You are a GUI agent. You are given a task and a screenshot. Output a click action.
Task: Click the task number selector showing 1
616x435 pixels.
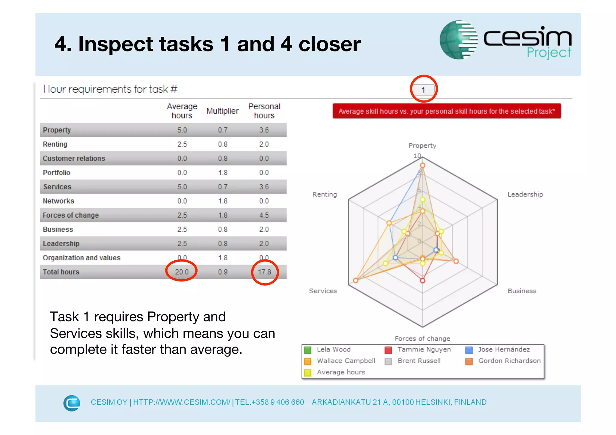[x=423, y=90]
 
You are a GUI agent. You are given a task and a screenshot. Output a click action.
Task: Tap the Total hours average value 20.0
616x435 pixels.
[x=182, y=272]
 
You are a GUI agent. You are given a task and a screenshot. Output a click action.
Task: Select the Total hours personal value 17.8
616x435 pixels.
[x=264, y=272]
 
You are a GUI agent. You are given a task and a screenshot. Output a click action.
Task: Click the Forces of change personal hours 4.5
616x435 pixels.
[x=264, y=215]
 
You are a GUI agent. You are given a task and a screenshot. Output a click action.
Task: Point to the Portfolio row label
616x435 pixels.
[x=57, y=173]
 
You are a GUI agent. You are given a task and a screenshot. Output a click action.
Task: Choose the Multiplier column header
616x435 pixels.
[x=222, y=111]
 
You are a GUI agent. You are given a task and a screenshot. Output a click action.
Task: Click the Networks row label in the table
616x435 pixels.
[x=58, y=201]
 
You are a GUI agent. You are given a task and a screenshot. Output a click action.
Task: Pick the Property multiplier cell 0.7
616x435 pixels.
[x=223, y=130]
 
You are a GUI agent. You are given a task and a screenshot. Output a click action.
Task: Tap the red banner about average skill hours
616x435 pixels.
[x=447, y=111]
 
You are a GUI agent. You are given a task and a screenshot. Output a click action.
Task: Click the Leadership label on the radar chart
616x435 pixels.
[x=525, y=195]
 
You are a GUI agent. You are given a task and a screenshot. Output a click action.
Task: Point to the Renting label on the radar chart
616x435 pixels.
[x=325, y=195]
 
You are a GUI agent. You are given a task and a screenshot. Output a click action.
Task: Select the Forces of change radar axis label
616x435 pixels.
[x=422, y=339]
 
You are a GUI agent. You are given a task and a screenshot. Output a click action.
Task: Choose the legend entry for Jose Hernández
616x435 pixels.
[x=504, y=349]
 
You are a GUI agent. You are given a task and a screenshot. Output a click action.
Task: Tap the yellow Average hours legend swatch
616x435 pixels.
[x=308, y=372]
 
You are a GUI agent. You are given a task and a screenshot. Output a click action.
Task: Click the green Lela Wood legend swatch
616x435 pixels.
[x=308, y=350]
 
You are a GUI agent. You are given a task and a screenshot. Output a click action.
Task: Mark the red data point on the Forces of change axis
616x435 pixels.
[x=423, y=280]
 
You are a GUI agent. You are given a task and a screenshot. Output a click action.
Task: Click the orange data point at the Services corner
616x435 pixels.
[x=356, y=280]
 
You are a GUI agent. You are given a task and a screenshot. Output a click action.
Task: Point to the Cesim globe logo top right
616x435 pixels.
[x=458, y=40]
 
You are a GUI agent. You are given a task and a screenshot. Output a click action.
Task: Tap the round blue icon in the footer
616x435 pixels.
[x=72, y=403]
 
